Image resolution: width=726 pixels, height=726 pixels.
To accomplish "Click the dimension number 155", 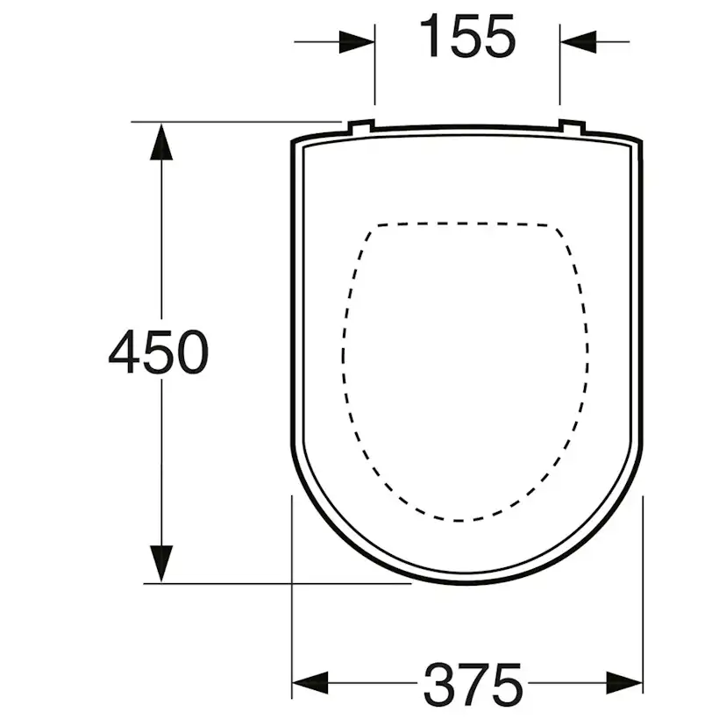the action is pos(466,36).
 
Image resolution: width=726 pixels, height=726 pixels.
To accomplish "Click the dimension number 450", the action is pos(159,352).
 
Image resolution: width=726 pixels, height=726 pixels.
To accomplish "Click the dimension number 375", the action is pos(473,685).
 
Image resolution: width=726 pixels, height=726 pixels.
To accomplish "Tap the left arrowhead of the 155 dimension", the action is pos(357,42).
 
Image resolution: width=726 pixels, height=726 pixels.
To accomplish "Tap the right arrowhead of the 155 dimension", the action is pos(578,42).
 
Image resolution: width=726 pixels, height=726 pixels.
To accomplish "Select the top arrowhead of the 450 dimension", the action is pos(161,141).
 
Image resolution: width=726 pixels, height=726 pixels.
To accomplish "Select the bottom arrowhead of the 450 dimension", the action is pos(161,564).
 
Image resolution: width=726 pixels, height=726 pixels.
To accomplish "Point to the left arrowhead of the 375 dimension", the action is pos(310,682).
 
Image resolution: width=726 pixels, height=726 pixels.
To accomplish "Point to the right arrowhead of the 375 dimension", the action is pos(624,682).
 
